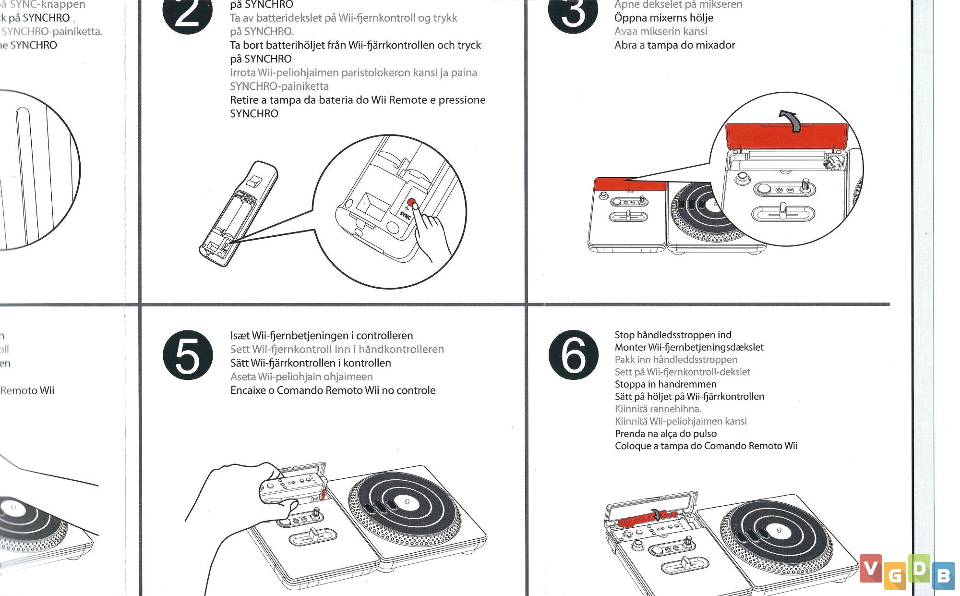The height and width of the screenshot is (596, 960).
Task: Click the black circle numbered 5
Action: pos(188,356)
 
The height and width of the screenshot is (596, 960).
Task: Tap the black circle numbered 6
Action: pos(573,356)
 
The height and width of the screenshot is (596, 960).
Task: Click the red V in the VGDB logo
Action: pos(871,568)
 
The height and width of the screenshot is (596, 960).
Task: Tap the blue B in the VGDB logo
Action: pos(943,575)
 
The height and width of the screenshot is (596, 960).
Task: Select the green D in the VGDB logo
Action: pos(919,568)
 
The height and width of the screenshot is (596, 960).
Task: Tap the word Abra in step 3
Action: pos(625,46)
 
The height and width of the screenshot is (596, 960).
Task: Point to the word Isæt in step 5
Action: pos(240,336)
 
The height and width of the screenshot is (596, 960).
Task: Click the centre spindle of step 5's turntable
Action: pos(407,501)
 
